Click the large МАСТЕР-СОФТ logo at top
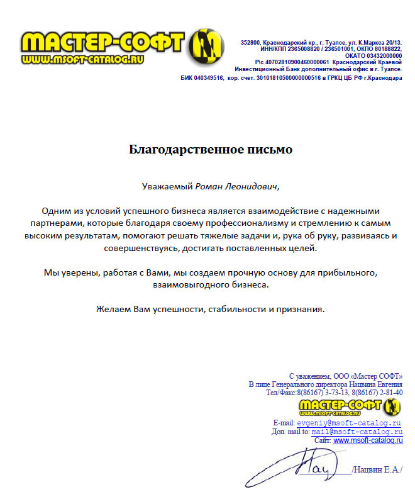pos(104,43)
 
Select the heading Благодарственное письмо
pos(211,150)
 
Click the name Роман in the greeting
pos(211,186)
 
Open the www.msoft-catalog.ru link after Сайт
pos(368,441)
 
